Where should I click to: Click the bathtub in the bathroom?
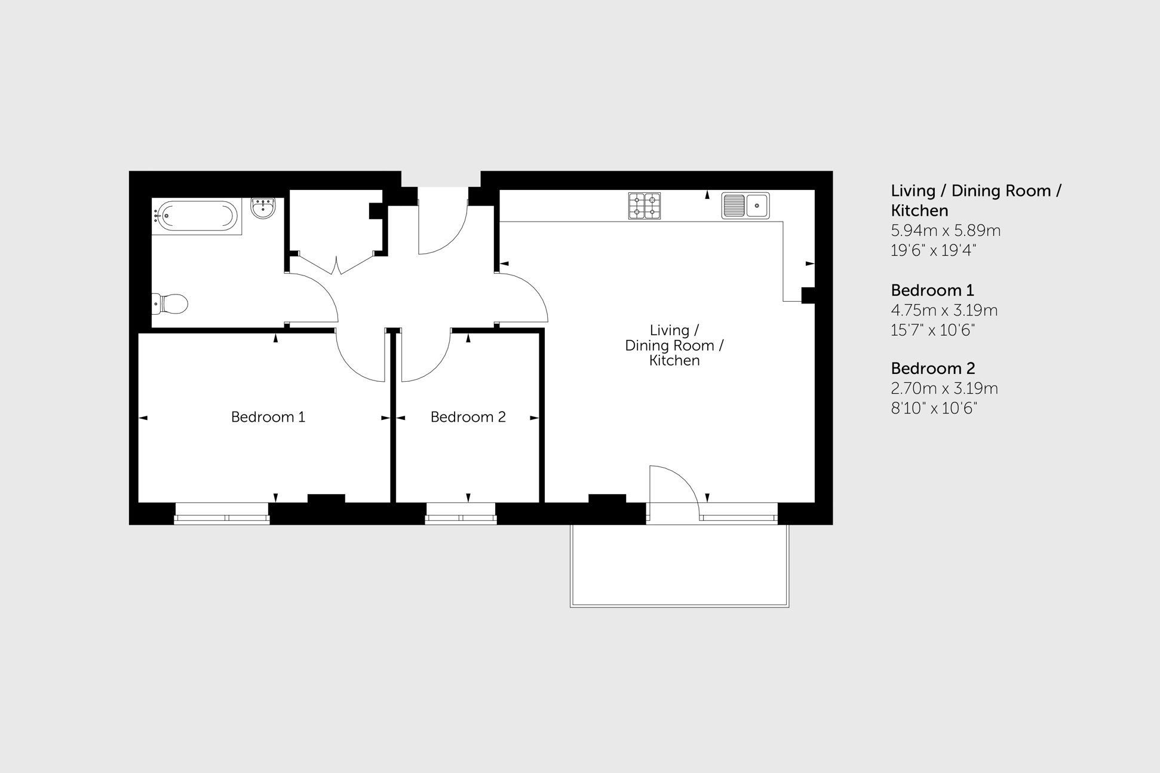197,216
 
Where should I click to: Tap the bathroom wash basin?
263,208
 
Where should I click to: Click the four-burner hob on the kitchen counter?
644,205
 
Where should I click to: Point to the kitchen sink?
745,205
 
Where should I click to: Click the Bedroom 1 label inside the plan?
268,417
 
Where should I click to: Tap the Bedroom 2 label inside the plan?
468,417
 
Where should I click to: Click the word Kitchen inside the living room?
674,361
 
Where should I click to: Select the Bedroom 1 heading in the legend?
932,290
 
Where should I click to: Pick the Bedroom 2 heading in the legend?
932,369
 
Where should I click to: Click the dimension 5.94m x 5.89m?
945,231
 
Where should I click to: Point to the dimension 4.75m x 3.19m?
944,310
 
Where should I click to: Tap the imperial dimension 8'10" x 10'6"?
934,409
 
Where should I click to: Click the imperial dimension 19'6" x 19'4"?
933,250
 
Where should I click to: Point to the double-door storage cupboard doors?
337,265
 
